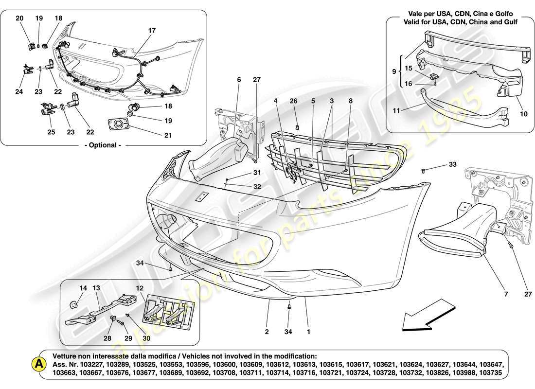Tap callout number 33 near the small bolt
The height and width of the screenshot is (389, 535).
point(453,165)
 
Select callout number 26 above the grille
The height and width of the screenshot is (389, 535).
point(293,101)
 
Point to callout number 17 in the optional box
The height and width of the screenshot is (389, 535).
point(152,31)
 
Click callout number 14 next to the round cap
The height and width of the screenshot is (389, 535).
point(83,288)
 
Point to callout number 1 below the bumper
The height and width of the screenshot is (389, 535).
point(307,333)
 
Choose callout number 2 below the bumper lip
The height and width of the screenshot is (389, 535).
point(267,333)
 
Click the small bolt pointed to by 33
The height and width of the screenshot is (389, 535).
point(425,171)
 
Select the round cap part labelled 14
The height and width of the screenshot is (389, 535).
point(74,305)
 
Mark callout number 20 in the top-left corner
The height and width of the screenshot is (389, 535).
point(19,18)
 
